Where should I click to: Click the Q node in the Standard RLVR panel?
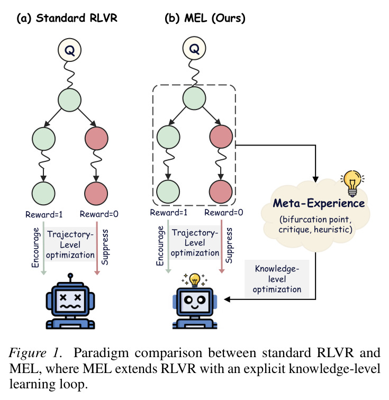click(x=69, y=50)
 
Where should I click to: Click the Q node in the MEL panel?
click(x=194, y=48)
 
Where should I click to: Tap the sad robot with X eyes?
click(x=70, y=302)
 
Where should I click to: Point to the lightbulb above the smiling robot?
click(x=195, y=280)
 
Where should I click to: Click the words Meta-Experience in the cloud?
click(x=319, y=203)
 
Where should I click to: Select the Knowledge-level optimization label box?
click(x=277, y=279)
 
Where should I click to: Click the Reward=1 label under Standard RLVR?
click(x=44, y=214)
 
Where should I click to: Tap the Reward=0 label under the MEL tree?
click(x=223, y=213)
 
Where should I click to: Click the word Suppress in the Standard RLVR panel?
click(x=105, y=247)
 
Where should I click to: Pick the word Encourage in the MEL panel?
click(x=160, y=246)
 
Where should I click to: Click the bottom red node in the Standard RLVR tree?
click(x=96, y=193)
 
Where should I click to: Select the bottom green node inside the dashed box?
click(x=168, y=192)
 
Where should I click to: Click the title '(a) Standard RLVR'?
click(x=67, y=19)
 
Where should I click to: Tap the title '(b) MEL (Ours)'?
click(x=205, y=19)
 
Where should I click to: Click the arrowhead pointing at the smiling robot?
click(x=227, y=299)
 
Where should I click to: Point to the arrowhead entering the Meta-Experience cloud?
click(x=315, y=179)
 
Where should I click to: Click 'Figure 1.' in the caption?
click(x=35, y=353)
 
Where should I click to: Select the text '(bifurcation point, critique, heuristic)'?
click(x=315, y=224)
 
